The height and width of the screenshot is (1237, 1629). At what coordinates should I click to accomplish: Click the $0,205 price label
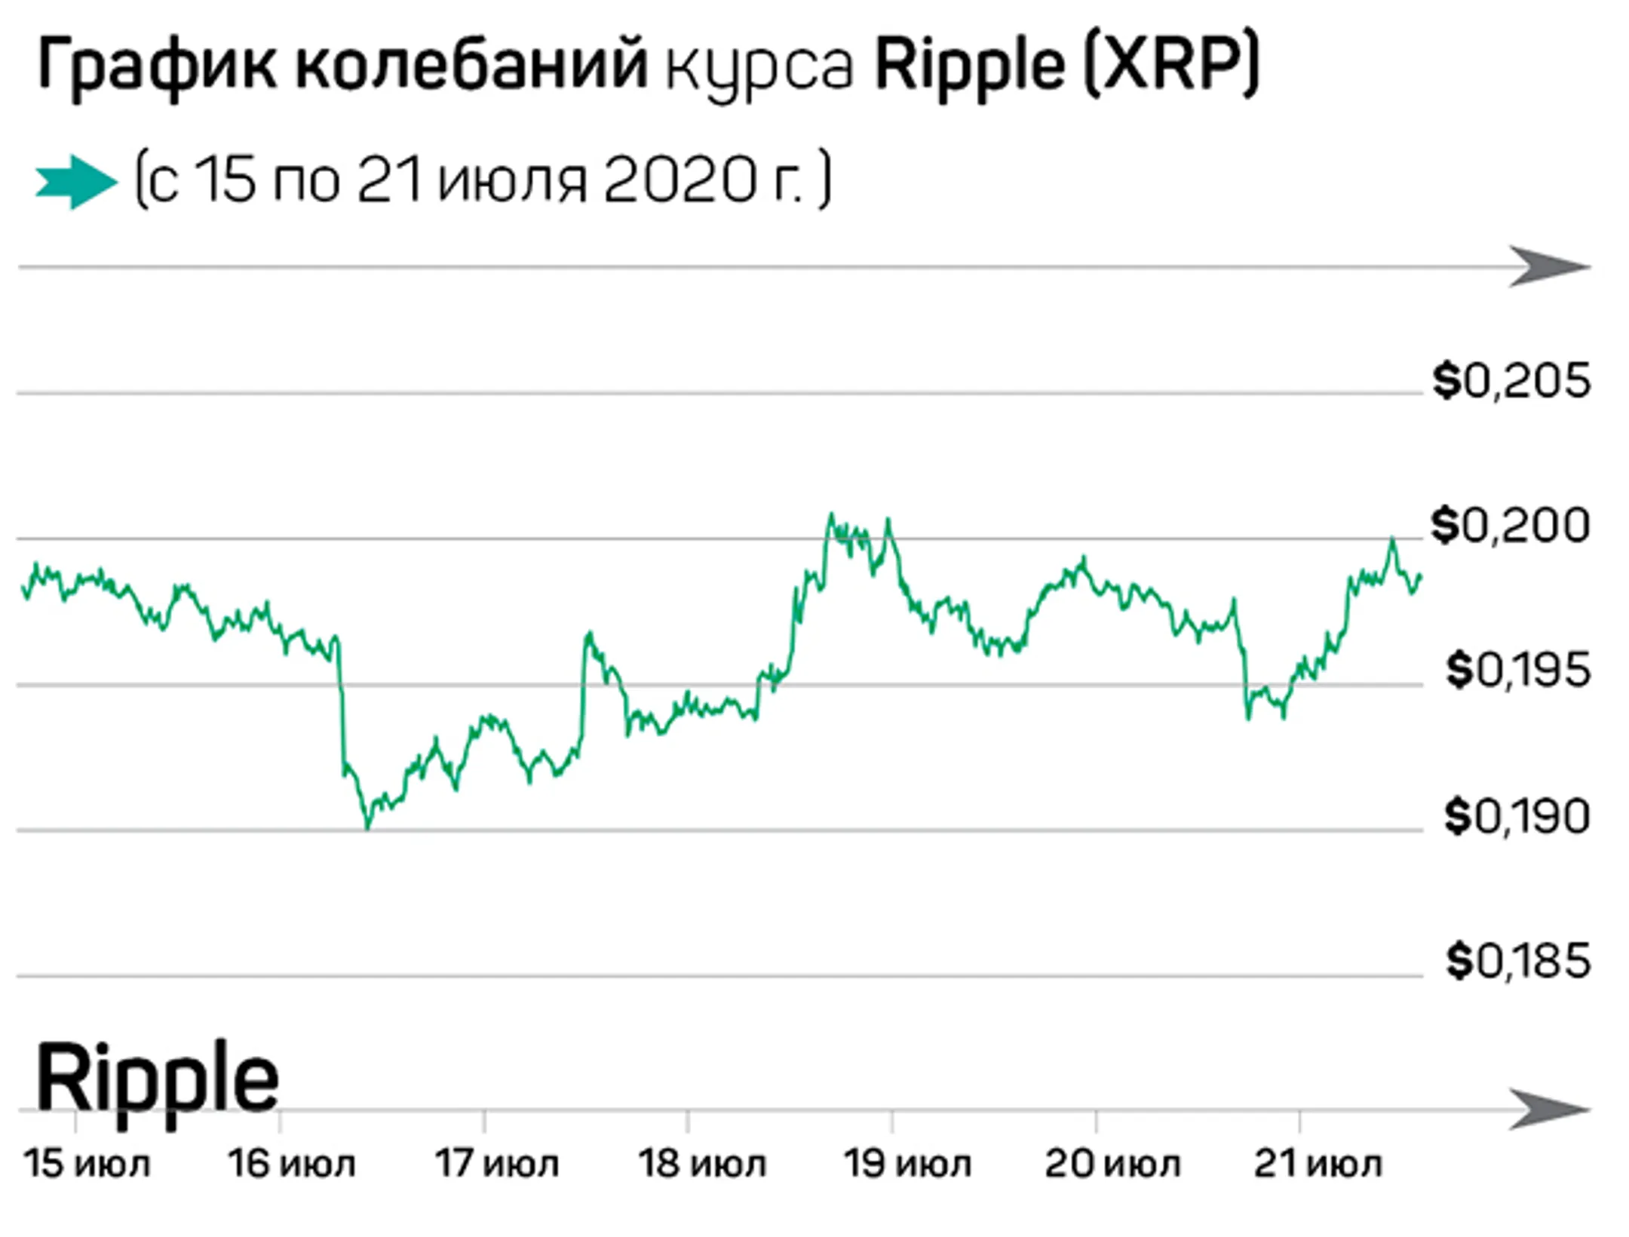point(1511,381)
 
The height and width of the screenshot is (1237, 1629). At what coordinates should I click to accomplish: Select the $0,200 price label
point(1510,526)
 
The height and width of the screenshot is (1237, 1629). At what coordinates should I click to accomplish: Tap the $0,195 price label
point(1517,671)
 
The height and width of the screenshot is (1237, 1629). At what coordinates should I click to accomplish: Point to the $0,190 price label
point(1517,816)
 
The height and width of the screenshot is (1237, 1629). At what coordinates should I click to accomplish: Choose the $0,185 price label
point(1517,961)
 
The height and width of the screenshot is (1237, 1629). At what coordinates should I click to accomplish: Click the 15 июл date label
point(87,1164)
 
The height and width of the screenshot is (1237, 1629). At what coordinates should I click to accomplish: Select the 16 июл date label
point(291,1164)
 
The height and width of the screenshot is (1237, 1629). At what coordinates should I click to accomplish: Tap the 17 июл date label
point(496,1164)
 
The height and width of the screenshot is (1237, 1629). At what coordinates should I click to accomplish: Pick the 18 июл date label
point(701,1164)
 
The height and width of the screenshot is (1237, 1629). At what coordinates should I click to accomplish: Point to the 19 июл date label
point(907,1164)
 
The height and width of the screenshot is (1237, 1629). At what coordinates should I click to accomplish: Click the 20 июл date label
point(1112,1164)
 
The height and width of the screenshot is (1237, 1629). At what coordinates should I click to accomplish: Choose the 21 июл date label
point(1317,1164)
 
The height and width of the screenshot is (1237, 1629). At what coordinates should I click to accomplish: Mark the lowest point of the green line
point(368,827)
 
